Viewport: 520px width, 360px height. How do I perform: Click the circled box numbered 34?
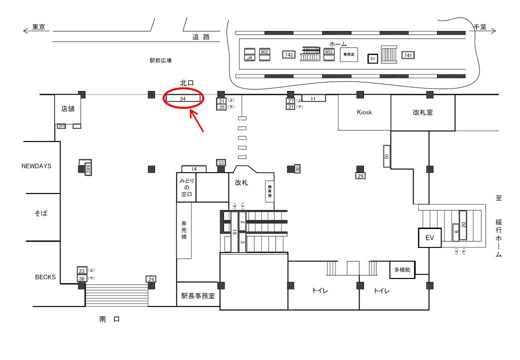(x=183, y=98)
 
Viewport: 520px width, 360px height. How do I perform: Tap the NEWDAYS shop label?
(x=36, y=166)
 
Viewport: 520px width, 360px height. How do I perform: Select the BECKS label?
(x=45, y=276)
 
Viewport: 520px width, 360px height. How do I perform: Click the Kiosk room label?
(x=364, y=112)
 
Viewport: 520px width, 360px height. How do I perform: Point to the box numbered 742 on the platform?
(x=288, y=54)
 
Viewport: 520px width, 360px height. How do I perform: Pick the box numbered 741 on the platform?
(x=408, y=55)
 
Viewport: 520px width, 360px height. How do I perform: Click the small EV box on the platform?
(x=371, y=58)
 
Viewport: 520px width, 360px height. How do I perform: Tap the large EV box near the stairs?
(x=429, y=237)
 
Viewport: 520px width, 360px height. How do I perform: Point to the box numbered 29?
(x=360, y=176)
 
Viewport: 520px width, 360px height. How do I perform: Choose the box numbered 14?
(x=194, y=169)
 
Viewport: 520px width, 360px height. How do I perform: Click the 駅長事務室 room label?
(x=197, y=295)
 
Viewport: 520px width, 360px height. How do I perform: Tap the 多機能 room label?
(x=402, y=270)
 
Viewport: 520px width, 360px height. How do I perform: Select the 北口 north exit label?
(x=187, y=82)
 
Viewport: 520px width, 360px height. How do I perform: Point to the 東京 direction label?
(x=39, y=28)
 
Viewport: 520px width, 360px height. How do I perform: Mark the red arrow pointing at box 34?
(x=197, y=122)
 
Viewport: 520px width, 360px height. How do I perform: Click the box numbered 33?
(x=221, y=162)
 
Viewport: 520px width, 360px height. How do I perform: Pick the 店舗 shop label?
(x=68, y=109)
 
